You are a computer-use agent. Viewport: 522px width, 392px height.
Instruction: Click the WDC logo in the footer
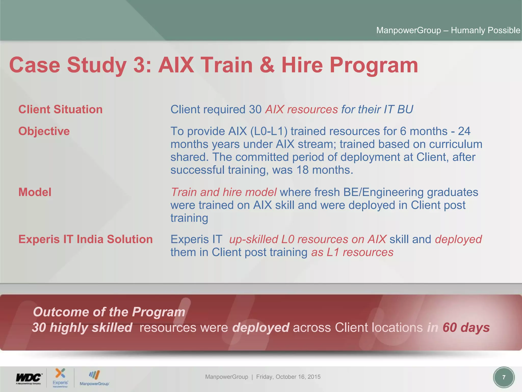click(29, 378)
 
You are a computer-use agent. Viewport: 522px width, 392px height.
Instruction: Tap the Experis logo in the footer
click(60, 377)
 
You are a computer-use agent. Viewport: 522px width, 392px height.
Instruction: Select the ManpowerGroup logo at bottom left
click(94, 378)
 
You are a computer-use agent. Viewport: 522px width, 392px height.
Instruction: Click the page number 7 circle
click(504, 377)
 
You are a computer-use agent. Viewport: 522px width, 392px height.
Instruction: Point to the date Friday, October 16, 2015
click(288, 377)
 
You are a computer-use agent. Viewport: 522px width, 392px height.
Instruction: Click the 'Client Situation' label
click(60, 109)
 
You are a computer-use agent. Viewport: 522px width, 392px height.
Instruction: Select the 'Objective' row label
click(44, 131)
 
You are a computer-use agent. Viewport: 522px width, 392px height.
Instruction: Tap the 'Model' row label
click(35, 192)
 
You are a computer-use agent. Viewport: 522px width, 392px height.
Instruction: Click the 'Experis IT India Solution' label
click(85, 239)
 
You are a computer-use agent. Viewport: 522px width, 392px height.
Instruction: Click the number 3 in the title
click(139, 65)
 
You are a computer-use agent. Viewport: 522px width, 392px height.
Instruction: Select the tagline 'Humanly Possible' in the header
click(485, 30)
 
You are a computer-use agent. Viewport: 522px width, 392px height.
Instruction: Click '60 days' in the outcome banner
click(466, 327)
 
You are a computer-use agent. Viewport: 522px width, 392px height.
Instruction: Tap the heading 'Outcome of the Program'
click(109, 312)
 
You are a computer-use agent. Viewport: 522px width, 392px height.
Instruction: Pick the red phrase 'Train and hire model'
click(224, 192)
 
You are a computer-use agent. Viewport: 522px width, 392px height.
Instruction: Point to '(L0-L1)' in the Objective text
click(269, 131)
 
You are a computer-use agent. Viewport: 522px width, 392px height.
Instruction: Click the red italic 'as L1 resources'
click(352, 252)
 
